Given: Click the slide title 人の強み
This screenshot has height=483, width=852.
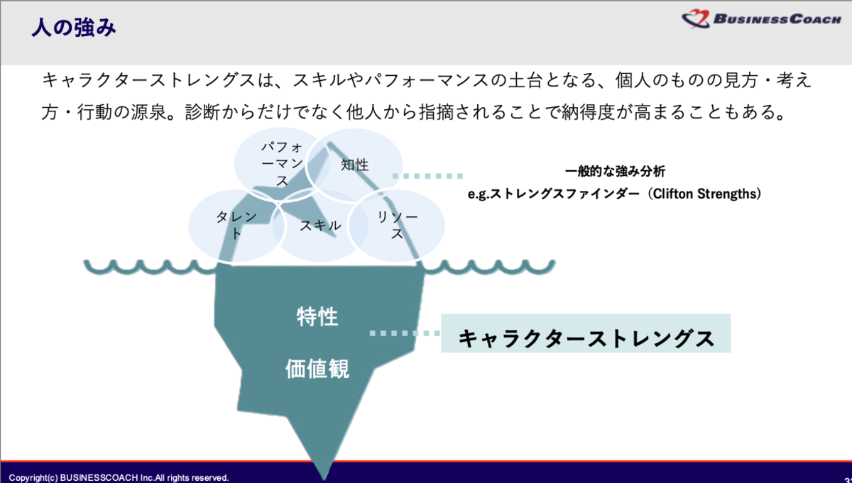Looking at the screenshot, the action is point(73,28).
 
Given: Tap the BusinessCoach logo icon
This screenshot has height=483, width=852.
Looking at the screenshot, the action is point(696,18).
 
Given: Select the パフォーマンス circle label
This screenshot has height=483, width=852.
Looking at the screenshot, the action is point(282,164).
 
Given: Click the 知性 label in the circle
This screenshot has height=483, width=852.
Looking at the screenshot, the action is point(354,165).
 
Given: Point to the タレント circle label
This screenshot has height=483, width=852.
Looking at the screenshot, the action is point(236,225).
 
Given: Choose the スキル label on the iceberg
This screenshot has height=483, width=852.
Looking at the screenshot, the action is point(320,226).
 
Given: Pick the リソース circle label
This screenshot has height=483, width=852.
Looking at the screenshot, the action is point(397,225).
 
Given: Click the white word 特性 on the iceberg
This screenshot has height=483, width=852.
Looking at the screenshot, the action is point(317,316).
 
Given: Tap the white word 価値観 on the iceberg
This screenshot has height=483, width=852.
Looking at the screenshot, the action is point(317,368).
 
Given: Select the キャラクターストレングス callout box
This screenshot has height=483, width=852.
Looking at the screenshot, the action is point(586,333).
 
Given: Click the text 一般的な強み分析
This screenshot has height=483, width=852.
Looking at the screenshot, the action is point(615,172).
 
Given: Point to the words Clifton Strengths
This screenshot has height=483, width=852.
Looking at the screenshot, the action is point(704,194).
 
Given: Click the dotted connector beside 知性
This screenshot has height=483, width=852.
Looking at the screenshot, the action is point(427,176).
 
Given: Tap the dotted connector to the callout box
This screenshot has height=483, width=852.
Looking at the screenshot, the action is point(405,333).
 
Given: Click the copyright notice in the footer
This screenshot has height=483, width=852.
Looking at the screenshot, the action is point(119,477).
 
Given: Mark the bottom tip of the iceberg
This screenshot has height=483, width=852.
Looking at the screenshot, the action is point(324,479).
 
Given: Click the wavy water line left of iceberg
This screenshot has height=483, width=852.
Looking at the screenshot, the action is point(151,267).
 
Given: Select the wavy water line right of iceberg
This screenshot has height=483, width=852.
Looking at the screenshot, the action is point(489,267).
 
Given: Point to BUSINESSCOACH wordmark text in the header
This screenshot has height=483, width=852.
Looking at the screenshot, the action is point(777,19).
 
